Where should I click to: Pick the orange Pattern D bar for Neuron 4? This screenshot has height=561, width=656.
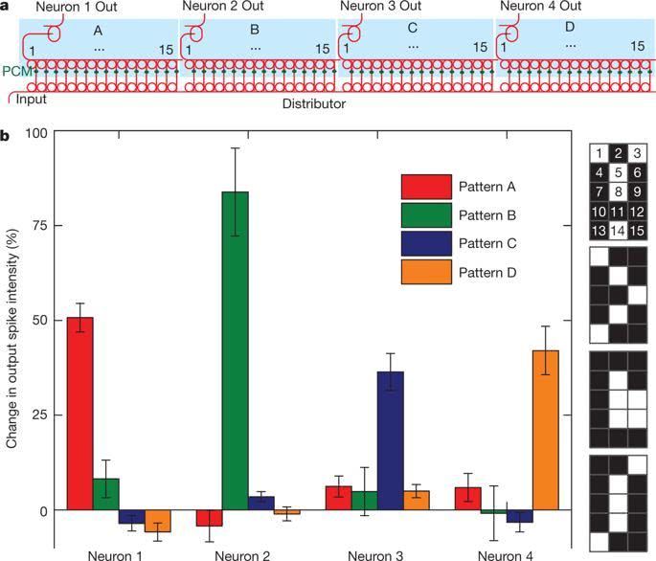coord(545,430)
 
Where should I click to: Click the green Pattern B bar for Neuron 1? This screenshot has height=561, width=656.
coord(105,494)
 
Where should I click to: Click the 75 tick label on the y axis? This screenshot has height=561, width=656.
coord(39,226)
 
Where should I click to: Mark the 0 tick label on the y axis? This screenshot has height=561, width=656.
coord(43,510)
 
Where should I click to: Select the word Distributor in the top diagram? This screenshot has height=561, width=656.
coord(315,101)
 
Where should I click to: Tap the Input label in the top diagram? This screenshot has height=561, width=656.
coord(32,100)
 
